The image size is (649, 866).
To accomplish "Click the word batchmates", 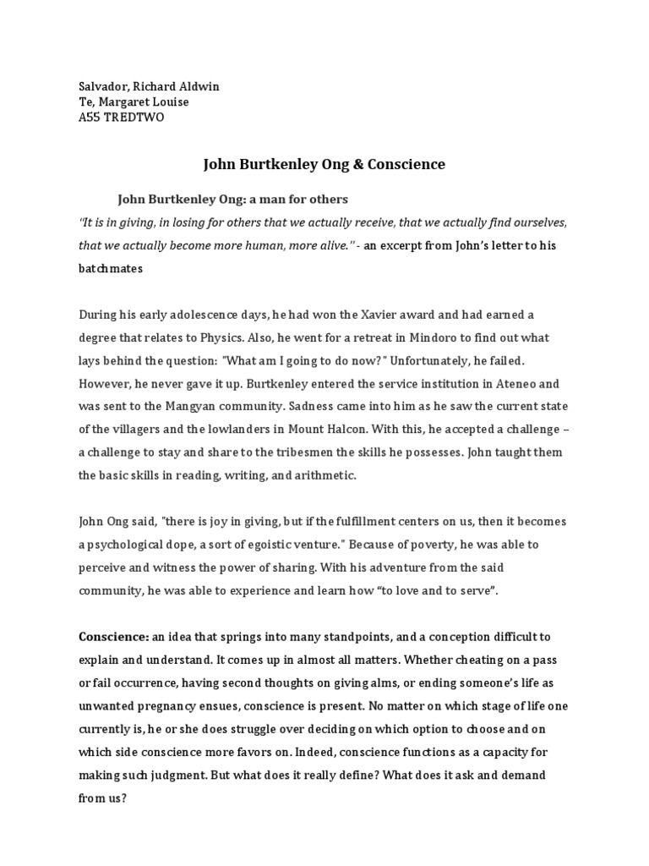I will pos(112,268).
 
